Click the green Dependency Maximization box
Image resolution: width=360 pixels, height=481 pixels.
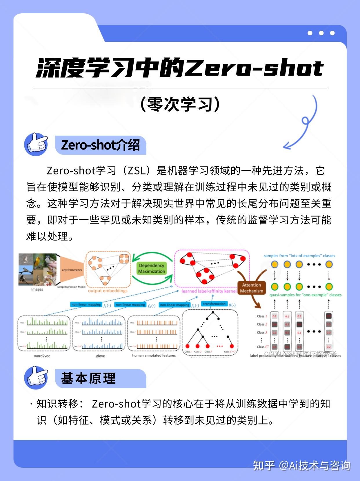151,268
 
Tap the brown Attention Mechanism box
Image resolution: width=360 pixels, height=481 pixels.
251,288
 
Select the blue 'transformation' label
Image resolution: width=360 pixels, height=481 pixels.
214,304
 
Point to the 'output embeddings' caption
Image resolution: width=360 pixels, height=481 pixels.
108,291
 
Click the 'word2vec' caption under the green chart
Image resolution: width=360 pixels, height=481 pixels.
42,356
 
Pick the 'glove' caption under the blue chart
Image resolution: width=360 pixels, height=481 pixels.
100,356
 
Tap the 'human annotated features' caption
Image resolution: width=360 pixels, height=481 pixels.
154,355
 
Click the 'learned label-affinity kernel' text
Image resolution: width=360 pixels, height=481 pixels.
209,291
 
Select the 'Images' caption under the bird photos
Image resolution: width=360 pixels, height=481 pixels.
37,289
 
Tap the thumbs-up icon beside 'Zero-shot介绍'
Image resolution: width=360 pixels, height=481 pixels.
36,144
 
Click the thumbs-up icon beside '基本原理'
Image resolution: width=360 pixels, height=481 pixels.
36,378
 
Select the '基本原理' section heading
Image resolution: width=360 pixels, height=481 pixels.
88,378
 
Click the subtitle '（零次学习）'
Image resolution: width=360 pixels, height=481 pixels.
180,104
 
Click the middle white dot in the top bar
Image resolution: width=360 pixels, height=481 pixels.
321,33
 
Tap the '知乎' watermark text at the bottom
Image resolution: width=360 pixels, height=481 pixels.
264,465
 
